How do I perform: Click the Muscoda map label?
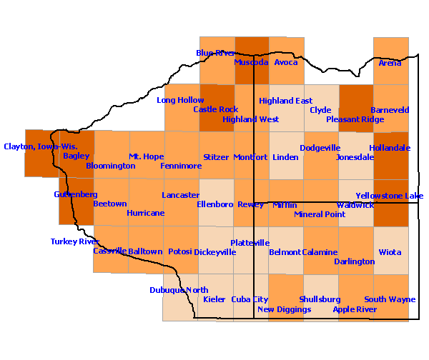[x=251, y=62]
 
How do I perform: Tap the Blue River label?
[x=216, y=53]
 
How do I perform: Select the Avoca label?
[x=286, y=62]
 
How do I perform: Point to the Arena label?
[x=390, y=63]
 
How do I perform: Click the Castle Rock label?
[x=216, y=109]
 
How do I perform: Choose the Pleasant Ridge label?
[x=355, y=119]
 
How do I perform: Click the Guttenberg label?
[x=75, y=194]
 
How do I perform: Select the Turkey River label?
[x=75, y=241]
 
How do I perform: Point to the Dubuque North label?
[x=179, y=290]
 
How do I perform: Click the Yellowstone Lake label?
[x=390, y=196]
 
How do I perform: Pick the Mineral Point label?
[x=319, y=214]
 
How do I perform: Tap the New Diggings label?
[x=284, y=309]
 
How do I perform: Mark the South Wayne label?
[x=390, y=299]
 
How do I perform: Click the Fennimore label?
[x=181, y=166]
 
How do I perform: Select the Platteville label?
[x=250, y=243]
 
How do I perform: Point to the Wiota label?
[x=390, y=252]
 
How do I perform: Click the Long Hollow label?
[x=180, y=100]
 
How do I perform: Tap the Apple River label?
[x=355, y=309]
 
